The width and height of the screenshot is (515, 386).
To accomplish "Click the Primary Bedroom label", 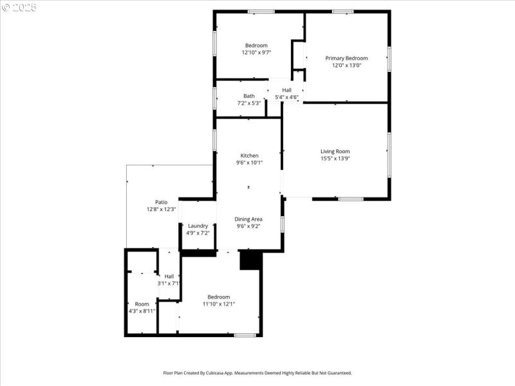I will coord(346,58).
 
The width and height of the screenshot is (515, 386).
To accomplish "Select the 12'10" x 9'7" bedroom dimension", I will coord(256,53).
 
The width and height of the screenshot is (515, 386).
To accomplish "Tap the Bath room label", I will coord(248,96).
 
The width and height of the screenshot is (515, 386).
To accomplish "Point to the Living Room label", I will coord(335,151).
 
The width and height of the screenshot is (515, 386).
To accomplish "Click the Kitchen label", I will coord(249,156).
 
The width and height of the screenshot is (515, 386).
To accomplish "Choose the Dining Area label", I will coord(249,219).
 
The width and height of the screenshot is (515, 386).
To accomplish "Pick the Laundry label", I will coord(198,225).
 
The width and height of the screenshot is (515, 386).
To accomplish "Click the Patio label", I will coord(161,202).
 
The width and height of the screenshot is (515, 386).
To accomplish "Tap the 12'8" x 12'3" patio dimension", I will coord(161,209).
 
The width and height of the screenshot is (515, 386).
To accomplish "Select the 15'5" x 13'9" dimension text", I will coord(335,158).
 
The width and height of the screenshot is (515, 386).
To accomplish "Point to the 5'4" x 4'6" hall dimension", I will coord(286,97).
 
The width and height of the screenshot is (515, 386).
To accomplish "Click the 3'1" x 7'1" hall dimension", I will coord(169,283).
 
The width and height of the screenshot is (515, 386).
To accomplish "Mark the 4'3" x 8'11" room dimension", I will coord(142,311).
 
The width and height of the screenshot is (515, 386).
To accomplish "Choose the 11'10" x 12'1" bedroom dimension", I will coord(218,304).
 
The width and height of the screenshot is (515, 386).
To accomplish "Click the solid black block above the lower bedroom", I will coord(248,260).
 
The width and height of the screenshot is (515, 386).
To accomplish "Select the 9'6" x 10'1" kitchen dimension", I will coord(249,163).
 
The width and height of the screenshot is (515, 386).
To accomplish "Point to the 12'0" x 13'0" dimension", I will coord(346,65).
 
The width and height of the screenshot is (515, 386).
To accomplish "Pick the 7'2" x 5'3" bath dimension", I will coord(248,103).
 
